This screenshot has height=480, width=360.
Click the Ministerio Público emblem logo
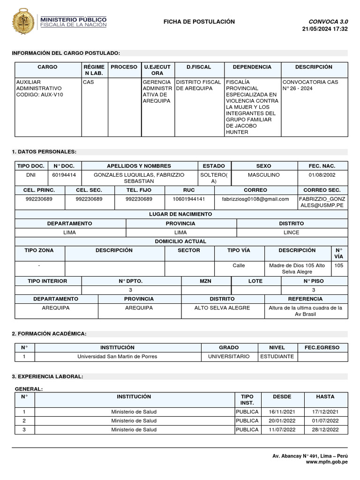click(23, 22)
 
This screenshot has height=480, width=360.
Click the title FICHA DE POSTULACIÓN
click(199, 22)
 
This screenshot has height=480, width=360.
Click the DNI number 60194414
click(64, 175)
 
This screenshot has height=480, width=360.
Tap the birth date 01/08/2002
click(322, 175)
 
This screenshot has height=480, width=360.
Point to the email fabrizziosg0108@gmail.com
click(255, 199)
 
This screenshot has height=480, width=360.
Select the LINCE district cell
click(291, 232)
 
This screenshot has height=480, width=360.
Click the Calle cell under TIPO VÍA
click(239, 265)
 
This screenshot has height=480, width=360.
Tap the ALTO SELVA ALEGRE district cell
click(222, 308)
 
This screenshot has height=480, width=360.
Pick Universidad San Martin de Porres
click(117, 357)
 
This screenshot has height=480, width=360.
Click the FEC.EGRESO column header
click(322, 348)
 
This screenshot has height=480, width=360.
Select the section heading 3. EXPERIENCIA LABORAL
click(47, 376)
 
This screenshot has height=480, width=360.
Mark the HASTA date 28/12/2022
click(325, 430)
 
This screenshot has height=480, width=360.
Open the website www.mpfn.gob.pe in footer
click(326, 462)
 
